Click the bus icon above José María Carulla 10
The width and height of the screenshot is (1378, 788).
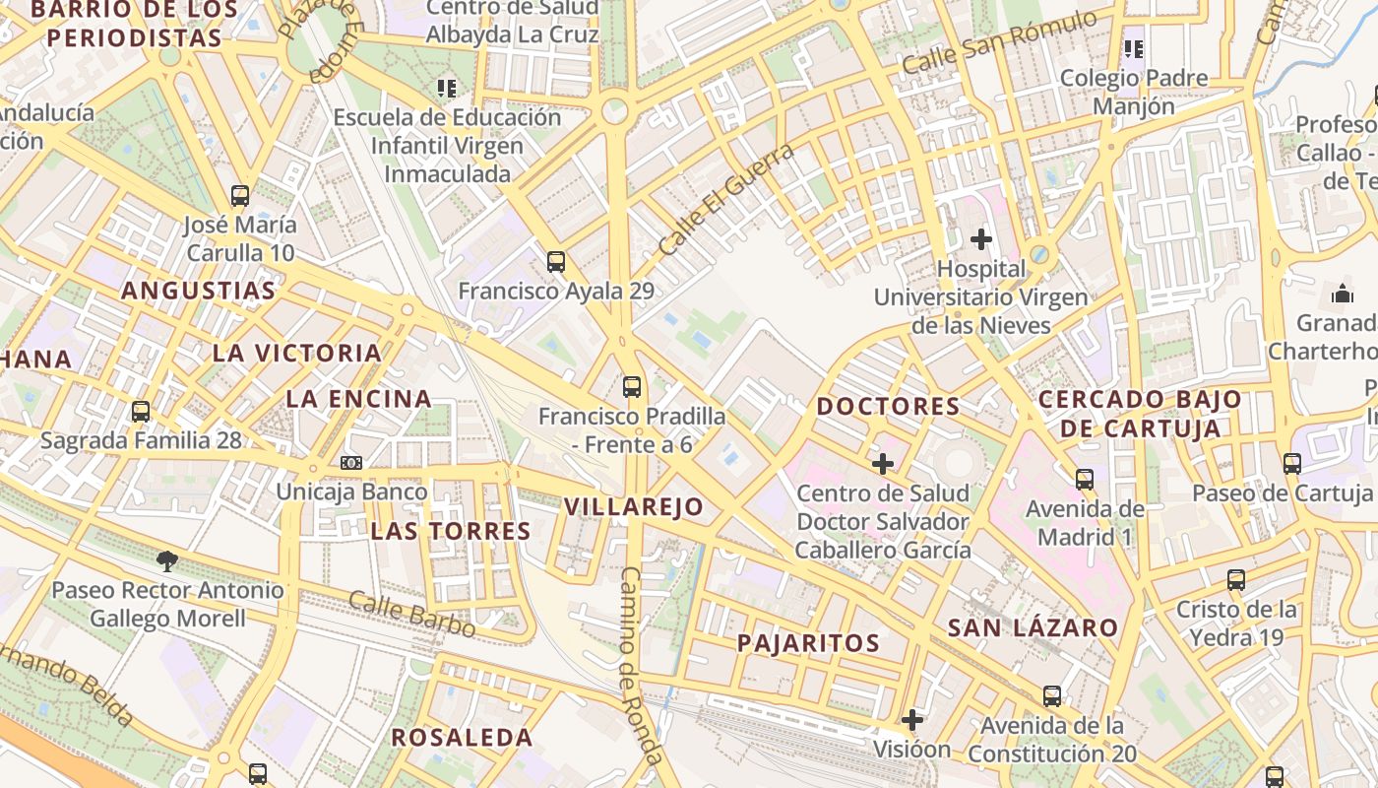(x=240, y=195)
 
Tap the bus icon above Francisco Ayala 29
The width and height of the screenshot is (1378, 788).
(x=556, y=261)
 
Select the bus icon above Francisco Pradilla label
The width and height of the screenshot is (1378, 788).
(x=632, y=386)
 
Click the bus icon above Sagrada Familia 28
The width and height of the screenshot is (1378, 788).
(x=141, y=411)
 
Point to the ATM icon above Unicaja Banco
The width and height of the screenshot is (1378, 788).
(x=351, y=462)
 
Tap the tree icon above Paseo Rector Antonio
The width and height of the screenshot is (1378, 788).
(x=167, y=561)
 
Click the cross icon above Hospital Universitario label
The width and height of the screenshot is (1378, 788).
(x=980, y=238)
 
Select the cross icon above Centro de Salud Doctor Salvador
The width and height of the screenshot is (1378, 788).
(x=883, y=463)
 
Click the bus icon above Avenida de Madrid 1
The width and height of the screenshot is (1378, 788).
(x=1085, y=480)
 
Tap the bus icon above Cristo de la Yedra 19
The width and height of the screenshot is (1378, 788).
(x=1236, y=580)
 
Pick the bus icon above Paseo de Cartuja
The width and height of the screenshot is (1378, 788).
(x=1292, y=463)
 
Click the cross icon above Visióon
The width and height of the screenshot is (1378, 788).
(x=912, y=720)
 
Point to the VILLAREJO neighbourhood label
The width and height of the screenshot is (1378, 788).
(x=634, y=507)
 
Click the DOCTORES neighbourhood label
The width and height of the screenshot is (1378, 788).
(x=888, y=406)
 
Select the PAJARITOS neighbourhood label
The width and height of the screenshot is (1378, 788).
(x=808, y=643)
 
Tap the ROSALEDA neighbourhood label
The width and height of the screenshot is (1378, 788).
(x=462, y=737)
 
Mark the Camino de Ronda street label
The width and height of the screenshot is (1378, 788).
(x=639, y=666)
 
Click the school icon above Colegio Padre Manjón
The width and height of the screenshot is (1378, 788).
(x=1134, y=48)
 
